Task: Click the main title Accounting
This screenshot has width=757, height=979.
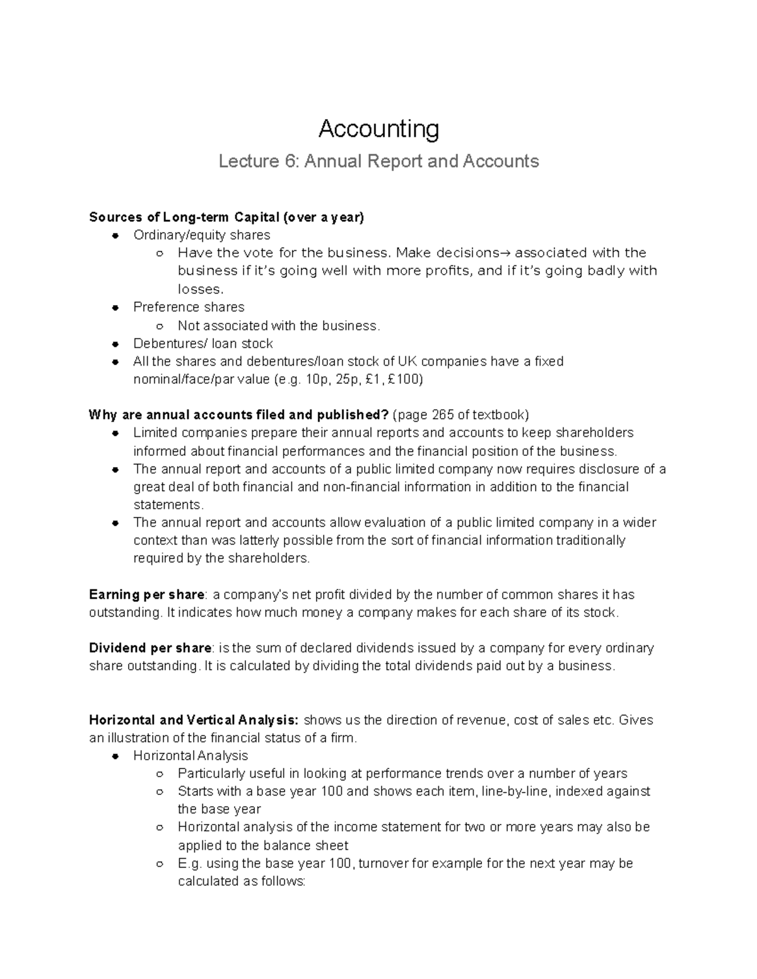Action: [x=378, y=129]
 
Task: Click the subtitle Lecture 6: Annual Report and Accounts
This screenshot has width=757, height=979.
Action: [x=378, y=161]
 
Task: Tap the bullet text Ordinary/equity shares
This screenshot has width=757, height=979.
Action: [x=201, y=235]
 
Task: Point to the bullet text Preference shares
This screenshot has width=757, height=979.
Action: [x=189, y=307]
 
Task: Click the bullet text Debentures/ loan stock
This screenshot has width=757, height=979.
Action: [x=202, y=344]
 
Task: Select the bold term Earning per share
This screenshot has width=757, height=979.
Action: [x=147, y=594]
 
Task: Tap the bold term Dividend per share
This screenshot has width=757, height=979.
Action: [x=150, y=648]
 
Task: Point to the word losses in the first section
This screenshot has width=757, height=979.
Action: [x=200, y=289]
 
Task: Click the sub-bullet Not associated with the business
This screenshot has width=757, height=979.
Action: [x=279, y=326]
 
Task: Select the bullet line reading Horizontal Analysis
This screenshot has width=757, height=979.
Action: [x=191, y=756]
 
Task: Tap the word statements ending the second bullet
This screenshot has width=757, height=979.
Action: [x=168, y=505]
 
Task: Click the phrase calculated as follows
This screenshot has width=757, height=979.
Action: [x=241, y=881]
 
